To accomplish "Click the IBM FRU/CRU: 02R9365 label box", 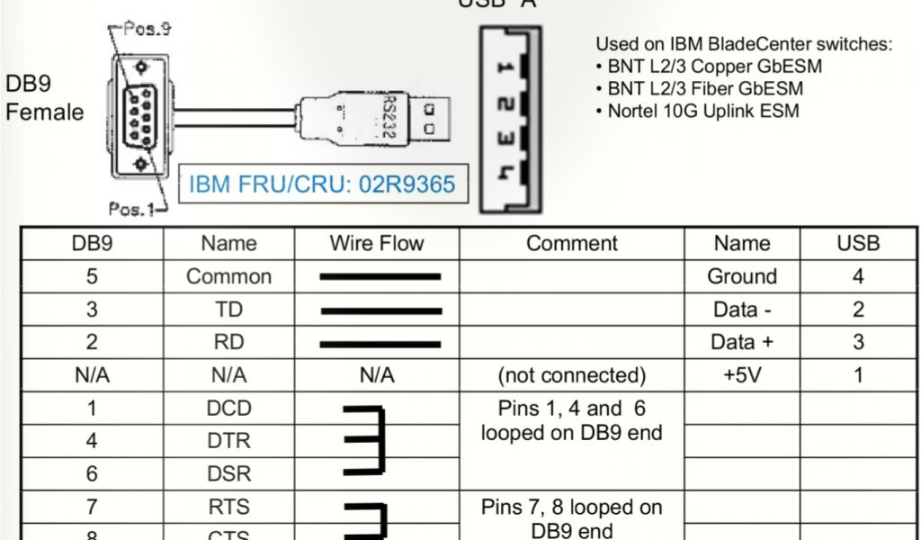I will click(322, 185).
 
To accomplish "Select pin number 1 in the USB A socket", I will click(505, 67).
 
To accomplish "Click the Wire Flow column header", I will click(376, 244).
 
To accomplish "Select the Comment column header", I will click(572, 244).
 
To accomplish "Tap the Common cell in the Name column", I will click(228, 277).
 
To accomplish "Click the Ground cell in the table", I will click(742, 277).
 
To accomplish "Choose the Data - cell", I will click(742, 310).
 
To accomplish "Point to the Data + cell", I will click(742, 343).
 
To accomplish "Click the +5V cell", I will click(742, 375).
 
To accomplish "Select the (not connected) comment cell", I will click(572, 375).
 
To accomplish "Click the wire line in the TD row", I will click(380, 310).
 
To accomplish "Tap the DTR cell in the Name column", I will click(228, 441).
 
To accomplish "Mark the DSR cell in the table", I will click(228, 473).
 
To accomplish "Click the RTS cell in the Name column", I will click(228, 507).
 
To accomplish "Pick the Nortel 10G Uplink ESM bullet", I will click(702, 112).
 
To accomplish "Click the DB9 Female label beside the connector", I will click(43, 98).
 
